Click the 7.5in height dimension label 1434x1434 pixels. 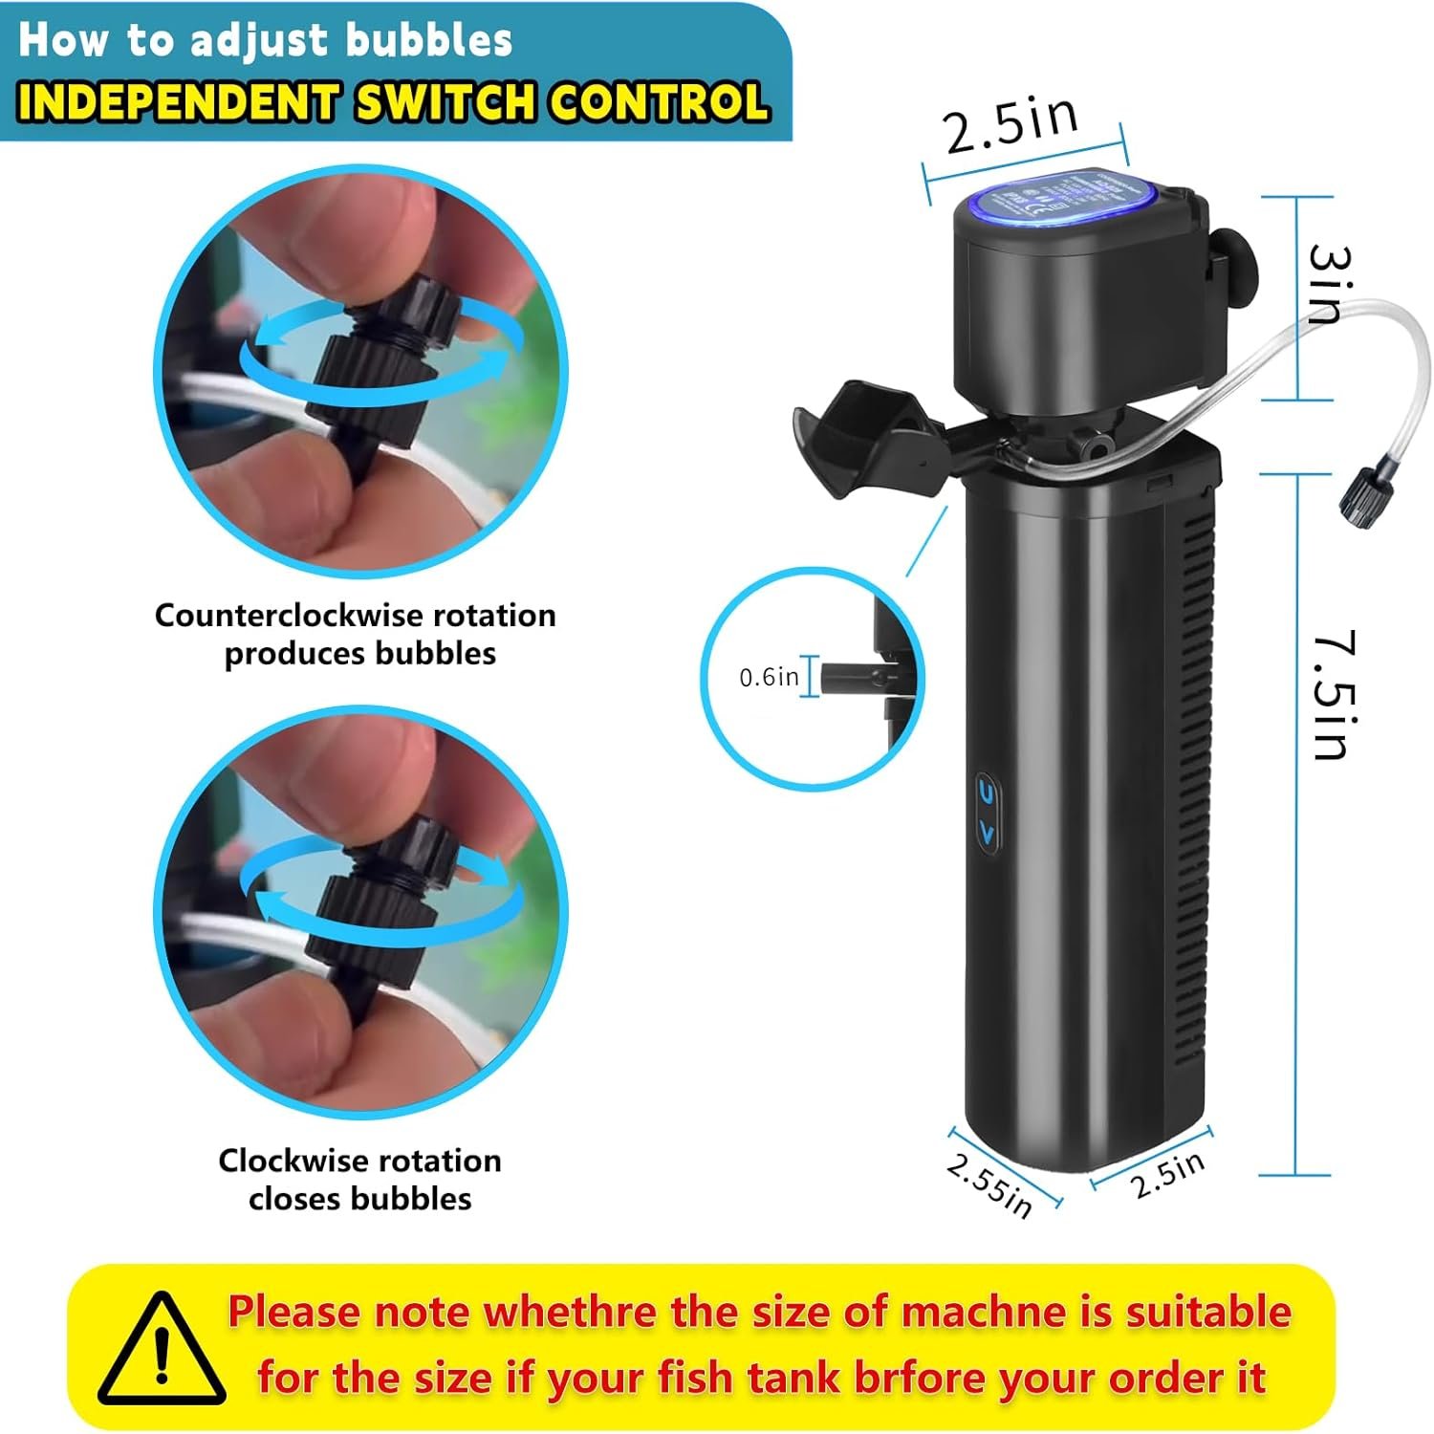1331,695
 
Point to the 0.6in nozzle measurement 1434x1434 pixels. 769,677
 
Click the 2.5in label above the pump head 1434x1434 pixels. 1011,124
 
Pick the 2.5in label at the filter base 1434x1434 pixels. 1167,1175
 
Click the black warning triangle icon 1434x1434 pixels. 163,1349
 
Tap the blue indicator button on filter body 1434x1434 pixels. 988,813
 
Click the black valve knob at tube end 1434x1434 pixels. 1358,499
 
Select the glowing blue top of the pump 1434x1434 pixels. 1056,202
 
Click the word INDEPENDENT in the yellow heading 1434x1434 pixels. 178,102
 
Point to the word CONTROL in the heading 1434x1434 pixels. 659,102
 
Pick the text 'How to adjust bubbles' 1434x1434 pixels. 266,40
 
